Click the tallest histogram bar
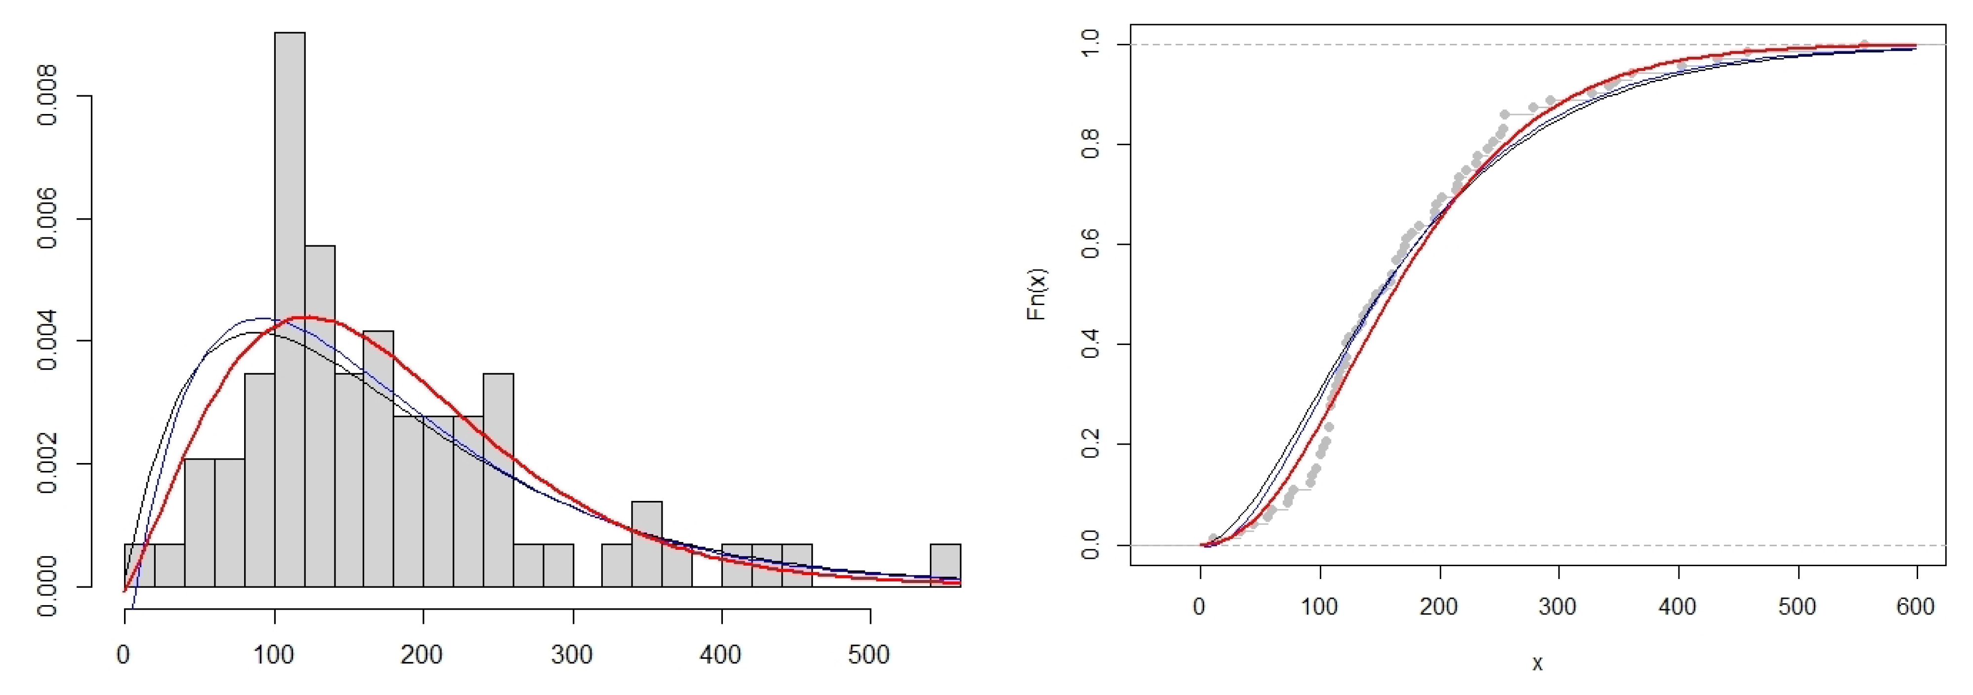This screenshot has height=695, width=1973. pyautogui.click(x=290, y=306)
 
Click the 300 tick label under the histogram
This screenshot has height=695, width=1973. pyautogui.click(x=572, y=655)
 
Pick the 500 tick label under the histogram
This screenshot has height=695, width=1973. pyautogui.click(x=869, y=655)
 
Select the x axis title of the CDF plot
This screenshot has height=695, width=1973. pyautogui.click(x=1537, y=663)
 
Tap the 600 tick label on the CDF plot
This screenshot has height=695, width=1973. pyautogui.click(x=1916, y=607)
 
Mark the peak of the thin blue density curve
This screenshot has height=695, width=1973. pyautogui.click(x=260, y=318)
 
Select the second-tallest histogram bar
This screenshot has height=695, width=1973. pyautogui.click(x=319, y=413)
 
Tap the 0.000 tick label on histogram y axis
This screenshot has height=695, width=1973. pyautogui.click(x=47, y=586)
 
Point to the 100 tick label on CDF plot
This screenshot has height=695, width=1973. pyautogui.click(x=1319, y=607)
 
